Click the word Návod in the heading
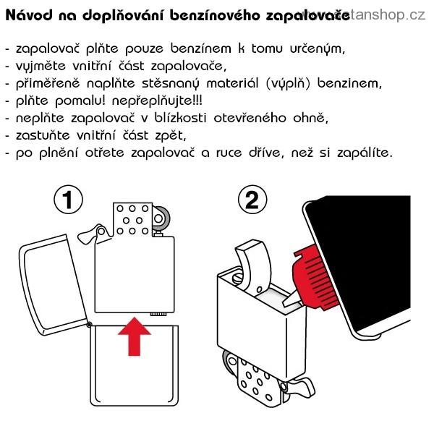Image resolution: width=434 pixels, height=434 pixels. [x=29, y=15]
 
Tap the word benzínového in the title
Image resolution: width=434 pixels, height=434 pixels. [x=215, y=15]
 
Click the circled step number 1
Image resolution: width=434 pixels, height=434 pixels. [x=68, y=200]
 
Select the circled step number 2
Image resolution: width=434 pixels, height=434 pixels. [x=252, y=200]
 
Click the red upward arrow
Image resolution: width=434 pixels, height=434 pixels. [x=135, y=336]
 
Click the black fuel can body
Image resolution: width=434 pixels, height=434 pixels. [x=359, y=263]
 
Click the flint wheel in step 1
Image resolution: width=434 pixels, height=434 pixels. [x=161, y=218]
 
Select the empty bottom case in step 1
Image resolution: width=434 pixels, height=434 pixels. [x=135, y=366]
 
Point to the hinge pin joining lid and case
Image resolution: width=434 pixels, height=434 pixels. [x=89, y=325]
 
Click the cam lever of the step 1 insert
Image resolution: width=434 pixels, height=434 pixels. [x=90, y=234]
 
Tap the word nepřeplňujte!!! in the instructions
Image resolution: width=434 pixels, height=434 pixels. [x=157, y=101]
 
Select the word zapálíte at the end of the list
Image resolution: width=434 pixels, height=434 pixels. [x=365, y=153]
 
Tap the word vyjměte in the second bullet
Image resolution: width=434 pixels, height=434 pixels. [x=41, y=67]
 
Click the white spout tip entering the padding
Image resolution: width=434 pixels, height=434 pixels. [x=291, y=299]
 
